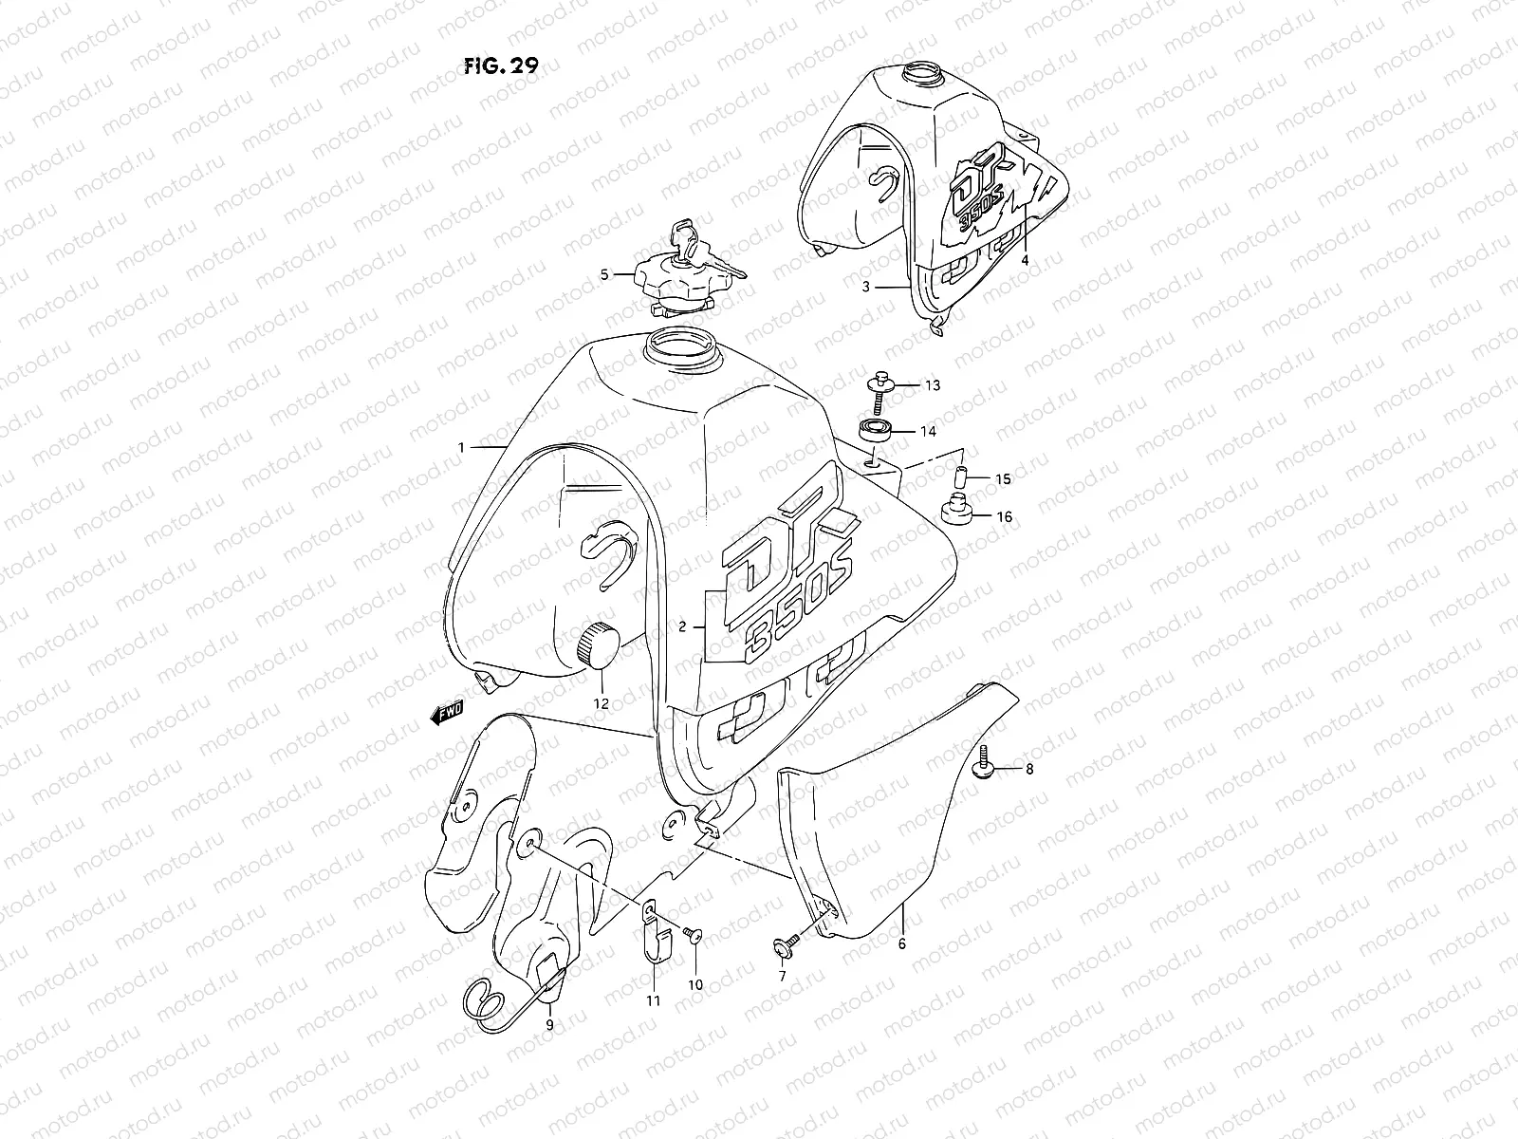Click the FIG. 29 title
[x=503, y=65]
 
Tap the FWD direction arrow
[x=444, y=713]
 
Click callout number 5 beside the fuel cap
[x=604, y=275]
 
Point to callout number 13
[x=933, y=385]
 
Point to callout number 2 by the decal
[x=682, y=627]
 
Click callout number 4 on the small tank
[x=1026, y=258]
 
